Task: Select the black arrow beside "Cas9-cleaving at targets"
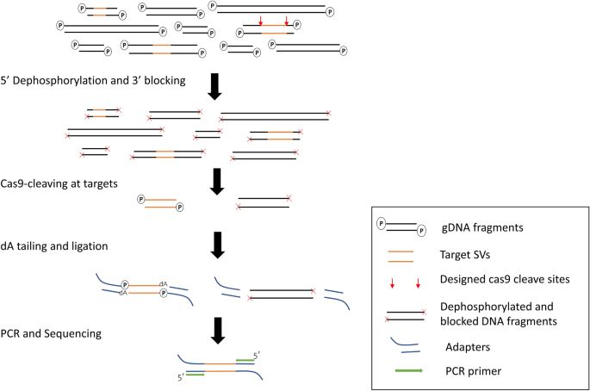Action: click(216, 181)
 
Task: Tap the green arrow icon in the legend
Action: click(402, 370)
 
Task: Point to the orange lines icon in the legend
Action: click(401, 255)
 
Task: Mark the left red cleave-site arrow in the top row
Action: click(260, 21)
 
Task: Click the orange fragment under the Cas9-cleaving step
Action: click(159, 204)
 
